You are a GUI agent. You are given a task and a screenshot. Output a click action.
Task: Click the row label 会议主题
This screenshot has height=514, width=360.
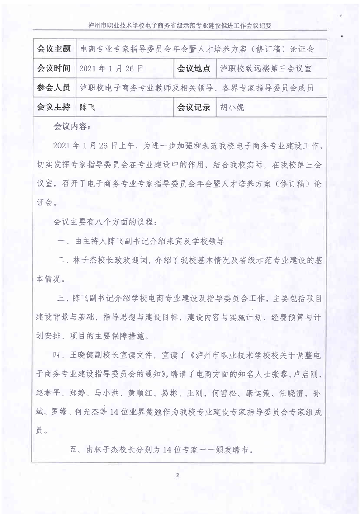(53, 49)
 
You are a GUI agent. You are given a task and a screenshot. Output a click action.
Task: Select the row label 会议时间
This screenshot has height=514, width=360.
(53, 68)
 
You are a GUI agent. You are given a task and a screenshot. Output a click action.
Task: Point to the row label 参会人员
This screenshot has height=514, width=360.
(53, 88)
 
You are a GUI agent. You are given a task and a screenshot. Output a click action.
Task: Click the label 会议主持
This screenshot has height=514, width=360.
(53, 107)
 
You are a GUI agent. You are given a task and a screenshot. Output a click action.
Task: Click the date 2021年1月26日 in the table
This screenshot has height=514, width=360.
(111, 69)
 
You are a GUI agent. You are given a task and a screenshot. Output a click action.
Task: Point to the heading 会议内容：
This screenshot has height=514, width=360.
(75, 125)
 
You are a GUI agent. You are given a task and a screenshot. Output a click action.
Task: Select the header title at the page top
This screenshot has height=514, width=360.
(180, 26)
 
